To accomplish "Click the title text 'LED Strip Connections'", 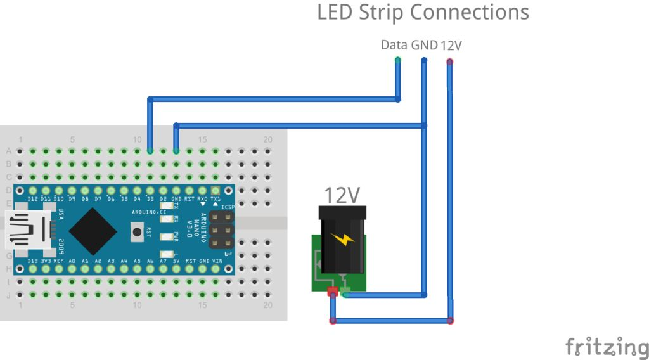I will click(423, 12).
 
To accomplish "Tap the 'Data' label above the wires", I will click(394, 45).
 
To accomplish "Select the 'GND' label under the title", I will click(425, 45).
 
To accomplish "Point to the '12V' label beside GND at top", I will click(451, 46).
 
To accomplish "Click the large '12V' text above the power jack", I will click(342, 196).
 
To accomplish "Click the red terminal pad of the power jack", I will click(332, 292).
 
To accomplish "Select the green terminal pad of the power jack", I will click(345, 292).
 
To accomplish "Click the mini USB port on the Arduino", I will click(28, 230).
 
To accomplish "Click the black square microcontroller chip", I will click(93, 229).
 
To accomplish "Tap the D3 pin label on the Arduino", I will click(150, 199).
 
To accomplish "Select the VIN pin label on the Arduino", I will click(217, 260).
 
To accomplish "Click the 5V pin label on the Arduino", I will click(176, 260).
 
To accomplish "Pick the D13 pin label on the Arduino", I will click(32, 260).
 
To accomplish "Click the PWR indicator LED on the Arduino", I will click(166, 237).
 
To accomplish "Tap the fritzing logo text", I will click(607, 347).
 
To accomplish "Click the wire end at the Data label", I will click(398, 61).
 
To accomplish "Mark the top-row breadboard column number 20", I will click(268, 139).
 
